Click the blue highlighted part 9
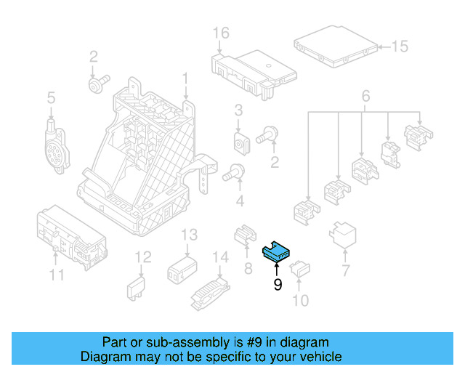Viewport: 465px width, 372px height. (275, 251)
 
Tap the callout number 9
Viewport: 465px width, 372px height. (277, 286)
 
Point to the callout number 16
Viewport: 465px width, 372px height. (221, 33)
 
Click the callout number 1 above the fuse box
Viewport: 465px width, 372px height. (185, 77)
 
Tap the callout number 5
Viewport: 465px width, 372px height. (51, 97)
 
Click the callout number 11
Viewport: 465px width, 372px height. (57, 275)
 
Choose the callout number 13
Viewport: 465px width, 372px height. (189, 235)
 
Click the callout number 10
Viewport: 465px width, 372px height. (299, 300)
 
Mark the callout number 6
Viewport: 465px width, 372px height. (365, 96)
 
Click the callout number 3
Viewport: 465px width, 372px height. (238, 110)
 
